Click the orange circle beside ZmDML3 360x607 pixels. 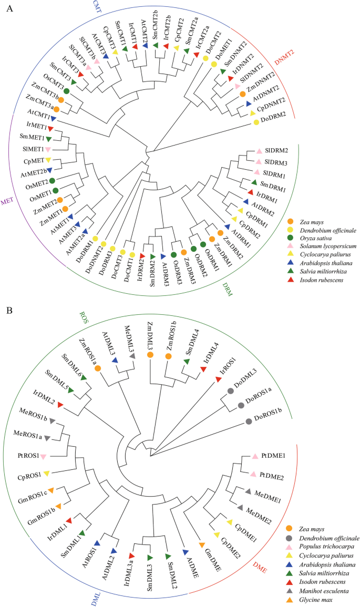pos(150,356)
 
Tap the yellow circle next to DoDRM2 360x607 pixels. pos(256,122)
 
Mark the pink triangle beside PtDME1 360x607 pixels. pos(254,457)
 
